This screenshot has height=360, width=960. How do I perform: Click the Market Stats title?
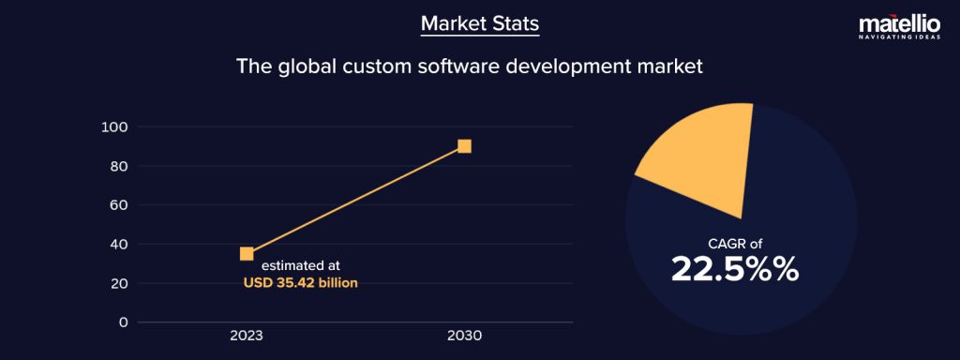[x=479, y=22]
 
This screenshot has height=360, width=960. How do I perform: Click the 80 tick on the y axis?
[x=118, y=166]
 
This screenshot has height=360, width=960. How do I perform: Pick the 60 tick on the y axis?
[x=118, y=204]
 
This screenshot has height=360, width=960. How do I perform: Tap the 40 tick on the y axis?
[x=118, y=244]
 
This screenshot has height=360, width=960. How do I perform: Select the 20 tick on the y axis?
[x=118, y=283]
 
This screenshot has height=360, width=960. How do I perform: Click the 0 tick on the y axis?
[x=123, y=322]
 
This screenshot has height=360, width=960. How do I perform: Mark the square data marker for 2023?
[x=247, y=253]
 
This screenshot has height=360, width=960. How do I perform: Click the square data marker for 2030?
[x=464, y=145]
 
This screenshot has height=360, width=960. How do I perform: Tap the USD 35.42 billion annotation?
[x=300, y=282]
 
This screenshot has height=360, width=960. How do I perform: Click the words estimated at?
[x=300, y=265]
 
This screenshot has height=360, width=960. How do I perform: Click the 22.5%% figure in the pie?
[x=735, y=269]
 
